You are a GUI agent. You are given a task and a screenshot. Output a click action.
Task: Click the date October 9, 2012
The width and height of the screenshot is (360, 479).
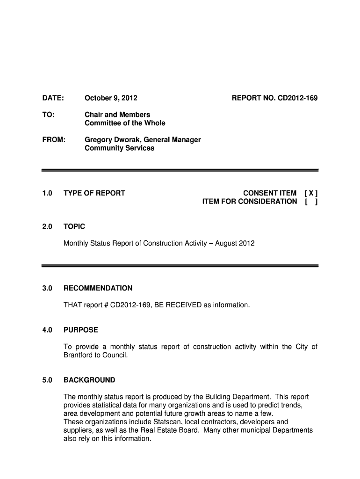point(111,98)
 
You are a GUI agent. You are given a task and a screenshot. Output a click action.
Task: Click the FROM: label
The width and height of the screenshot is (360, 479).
point(54,140)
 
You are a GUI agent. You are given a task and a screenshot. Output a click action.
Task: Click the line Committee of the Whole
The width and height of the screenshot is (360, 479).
point(124,123)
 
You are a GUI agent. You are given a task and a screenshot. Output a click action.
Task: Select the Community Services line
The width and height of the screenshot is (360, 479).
point(119,148)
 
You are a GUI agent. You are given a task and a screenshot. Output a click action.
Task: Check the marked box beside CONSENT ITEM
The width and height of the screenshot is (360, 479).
point(311,193)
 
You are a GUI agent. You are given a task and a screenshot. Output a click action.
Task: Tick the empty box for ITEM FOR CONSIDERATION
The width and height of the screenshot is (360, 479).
point(311,202)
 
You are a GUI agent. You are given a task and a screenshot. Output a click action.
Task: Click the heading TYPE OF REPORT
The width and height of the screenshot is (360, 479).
point(94,193)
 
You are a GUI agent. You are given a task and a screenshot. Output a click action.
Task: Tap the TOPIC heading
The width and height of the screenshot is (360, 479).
point(74,227)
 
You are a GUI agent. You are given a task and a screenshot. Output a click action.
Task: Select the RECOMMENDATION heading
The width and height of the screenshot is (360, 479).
point(98,288)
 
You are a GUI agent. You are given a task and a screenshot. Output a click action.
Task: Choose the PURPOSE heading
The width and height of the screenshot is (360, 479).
point(80,330)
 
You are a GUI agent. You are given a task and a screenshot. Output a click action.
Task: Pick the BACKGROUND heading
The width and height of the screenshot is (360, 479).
point(89,380)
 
